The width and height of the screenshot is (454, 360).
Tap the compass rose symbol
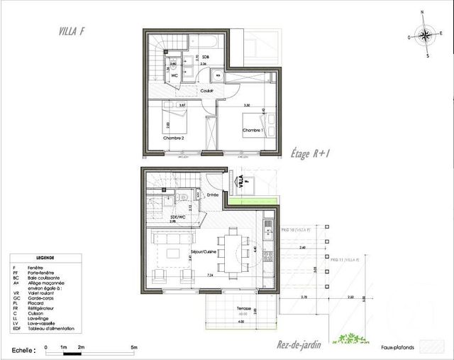[x=424, y=36]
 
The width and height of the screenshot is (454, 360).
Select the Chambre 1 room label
[x=253, y=131]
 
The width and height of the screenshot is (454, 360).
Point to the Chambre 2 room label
[x=174, y=138]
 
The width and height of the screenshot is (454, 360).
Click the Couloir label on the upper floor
[x=206, y=90]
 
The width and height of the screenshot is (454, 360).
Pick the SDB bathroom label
[x=205, y=56]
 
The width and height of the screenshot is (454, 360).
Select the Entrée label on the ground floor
[x=212, y=194]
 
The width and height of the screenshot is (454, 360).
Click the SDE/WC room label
[x=178, y=217]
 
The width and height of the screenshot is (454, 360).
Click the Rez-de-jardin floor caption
[x=299, y=345]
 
